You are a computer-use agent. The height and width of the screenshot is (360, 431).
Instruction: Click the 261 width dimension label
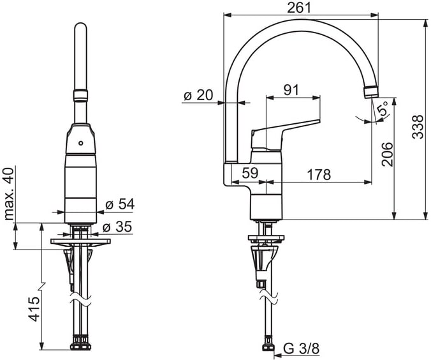[299, 8]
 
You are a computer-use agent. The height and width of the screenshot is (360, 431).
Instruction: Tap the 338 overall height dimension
[418, 127]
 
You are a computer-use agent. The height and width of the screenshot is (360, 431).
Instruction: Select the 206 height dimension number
[387, 154]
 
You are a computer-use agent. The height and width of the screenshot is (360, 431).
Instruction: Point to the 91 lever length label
[291, 90]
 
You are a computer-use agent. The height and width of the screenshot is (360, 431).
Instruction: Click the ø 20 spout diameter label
[198, 96]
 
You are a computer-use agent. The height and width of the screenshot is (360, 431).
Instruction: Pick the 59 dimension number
[250, 173]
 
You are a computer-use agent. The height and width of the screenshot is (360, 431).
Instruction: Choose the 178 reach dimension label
[319, 174]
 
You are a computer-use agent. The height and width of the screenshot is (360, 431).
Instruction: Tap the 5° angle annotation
[383, 108]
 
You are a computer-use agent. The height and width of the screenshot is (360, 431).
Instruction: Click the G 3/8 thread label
[302, 349]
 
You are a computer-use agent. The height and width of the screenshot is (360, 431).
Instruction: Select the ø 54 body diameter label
[120, 204]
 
